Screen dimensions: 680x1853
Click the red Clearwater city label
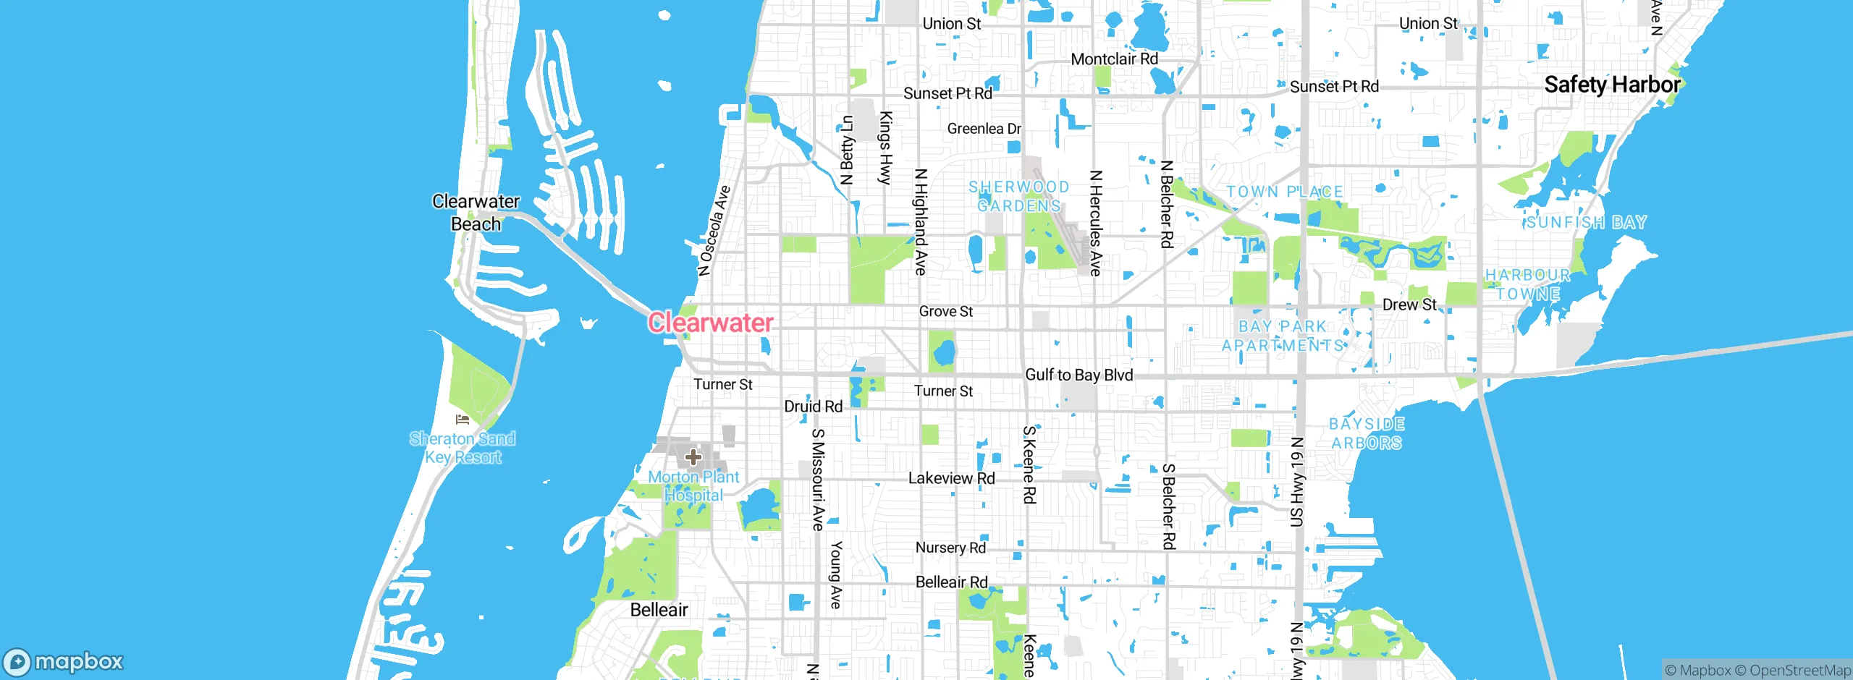[x=710, y=323]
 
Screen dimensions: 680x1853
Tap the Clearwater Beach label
[x=476, y=213]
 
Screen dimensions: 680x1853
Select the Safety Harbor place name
[x=1612, y=85]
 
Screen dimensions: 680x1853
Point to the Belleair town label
[x=659, y=610]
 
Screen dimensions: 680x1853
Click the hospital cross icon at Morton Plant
[x=693, y=457]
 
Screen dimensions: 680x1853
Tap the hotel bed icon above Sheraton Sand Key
[x=463, y=420]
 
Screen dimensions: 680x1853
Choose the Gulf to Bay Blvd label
[x=1079, y=375]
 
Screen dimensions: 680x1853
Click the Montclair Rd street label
[x=1114, y=59]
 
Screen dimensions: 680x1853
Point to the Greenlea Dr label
[x=984, y=129]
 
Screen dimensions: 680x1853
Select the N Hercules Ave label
[x=1096, y=223]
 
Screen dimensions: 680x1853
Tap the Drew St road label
[x=1409, y=305]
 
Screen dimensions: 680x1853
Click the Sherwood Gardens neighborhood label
[x=1018, y=197]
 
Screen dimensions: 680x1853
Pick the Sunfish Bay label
[x=1586, y=222]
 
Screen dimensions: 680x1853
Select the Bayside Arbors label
[x=1367, y=433]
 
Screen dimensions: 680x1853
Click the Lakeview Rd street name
[x=951, y=478]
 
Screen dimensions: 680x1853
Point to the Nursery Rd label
[x=950, y=548]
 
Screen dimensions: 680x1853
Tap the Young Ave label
[x=836, y=574]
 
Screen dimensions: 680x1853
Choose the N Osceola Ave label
[x=714, y=231]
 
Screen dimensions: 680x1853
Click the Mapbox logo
[x=64, y=662]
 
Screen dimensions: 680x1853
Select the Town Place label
[x=1284, y=192]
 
